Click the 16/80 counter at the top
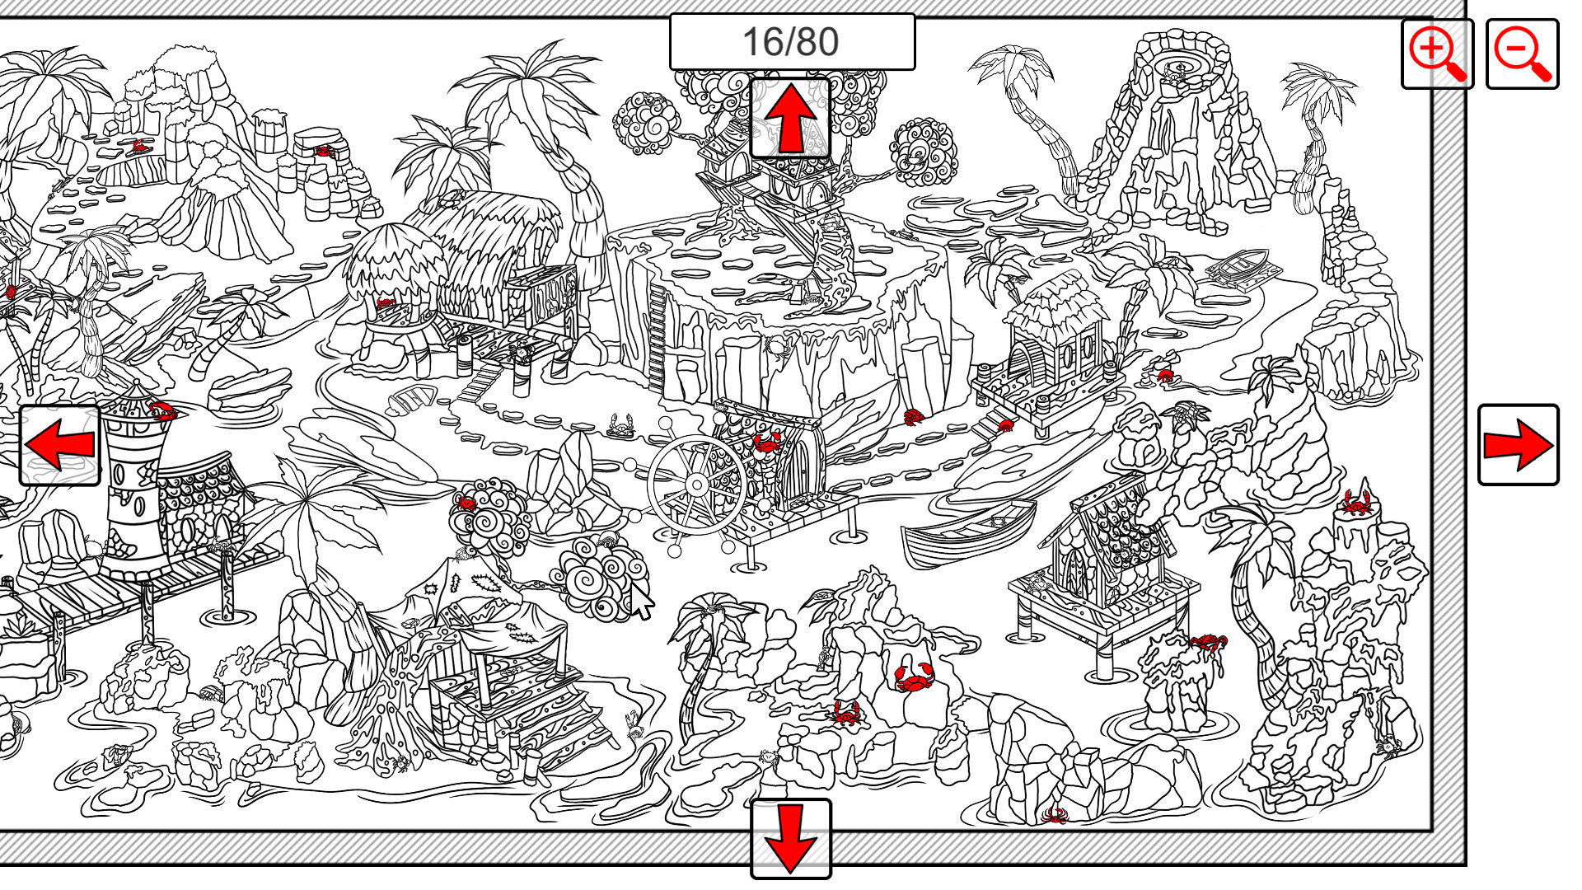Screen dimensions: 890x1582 [791, 41]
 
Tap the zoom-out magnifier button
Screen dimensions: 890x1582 [1522, 54]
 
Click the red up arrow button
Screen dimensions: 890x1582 [790, 118]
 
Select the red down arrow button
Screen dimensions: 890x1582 [790, 838]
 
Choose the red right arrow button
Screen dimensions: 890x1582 [1518, 444]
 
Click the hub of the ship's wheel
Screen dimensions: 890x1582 [696, 485]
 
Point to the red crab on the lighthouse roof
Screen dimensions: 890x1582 [162, 410]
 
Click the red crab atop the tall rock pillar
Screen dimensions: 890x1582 [1356, 501]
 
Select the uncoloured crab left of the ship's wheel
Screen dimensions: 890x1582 [620, 425]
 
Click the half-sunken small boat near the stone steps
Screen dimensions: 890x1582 [411, 401]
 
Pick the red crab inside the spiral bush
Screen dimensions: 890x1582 [467, 502]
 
